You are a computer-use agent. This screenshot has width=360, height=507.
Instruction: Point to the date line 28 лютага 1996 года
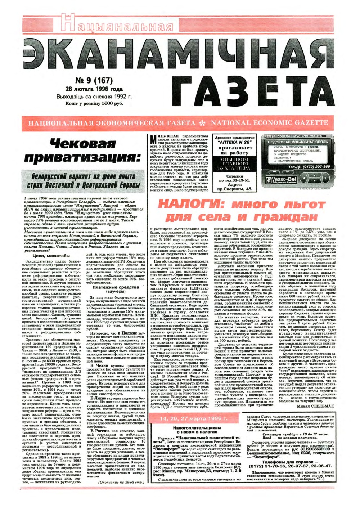coord(94,89)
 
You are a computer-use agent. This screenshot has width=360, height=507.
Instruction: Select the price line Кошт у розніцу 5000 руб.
coord(94,103)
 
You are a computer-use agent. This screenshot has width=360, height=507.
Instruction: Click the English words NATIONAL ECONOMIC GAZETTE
coord(269,123)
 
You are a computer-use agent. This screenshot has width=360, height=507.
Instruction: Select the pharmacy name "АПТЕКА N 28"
coord(234,142)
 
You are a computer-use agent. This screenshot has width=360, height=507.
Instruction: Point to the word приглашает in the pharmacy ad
coord(234,148)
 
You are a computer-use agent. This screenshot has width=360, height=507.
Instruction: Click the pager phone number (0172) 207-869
coord(309,167)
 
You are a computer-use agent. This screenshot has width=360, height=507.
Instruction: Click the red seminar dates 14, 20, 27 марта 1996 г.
coord(194,419)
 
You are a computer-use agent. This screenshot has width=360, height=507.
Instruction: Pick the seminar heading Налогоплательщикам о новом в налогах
coord(197,430)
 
